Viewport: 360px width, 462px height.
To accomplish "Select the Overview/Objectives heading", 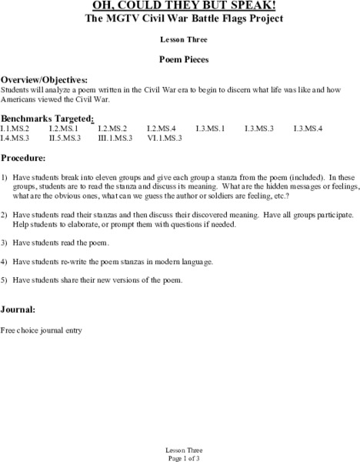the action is [x=44, y=79].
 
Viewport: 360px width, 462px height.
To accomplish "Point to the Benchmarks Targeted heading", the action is [x=48, y=118].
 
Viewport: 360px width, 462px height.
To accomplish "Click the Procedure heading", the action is [x=24, y=157].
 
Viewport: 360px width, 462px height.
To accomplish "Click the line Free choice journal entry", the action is [x=42, y=330].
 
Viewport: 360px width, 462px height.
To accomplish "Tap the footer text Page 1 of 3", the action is [x=180, y=457].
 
